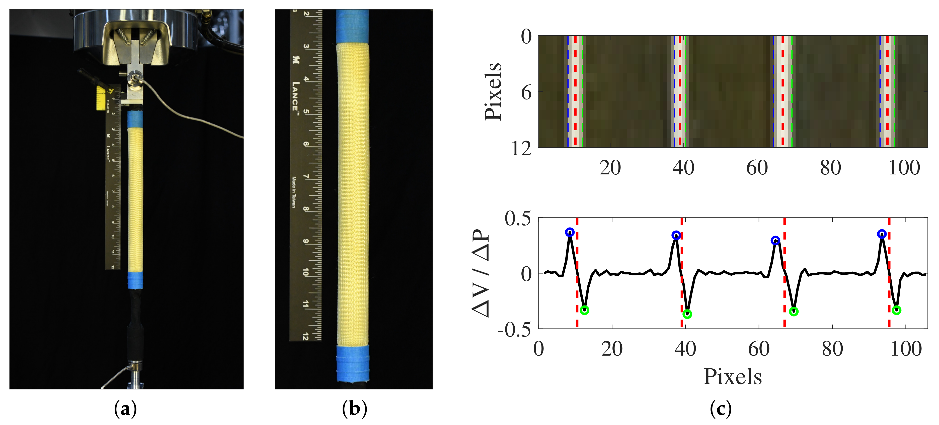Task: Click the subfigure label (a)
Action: click(125, 409)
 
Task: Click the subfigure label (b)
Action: click(354, 409)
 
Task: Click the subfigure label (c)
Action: click(721, 409)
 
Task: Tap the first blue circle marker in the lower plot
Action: click(570, 232)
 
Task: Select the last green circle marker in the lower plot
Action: click(897, 310)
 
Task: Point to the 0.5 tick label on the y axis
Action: click(518, 219)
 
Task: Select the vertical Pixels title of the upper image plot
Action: click(493, 91)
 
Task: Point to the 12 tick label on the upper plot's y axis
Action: click(521, 149)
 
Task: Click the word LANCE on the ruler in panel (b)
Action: click(296, 96)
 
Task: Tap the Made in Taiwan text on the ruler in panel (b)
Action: click(294, 192)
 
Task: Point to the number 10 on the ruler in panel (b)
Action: click(305, 272)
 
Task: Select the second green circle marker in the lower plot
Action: click(687, 314)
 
